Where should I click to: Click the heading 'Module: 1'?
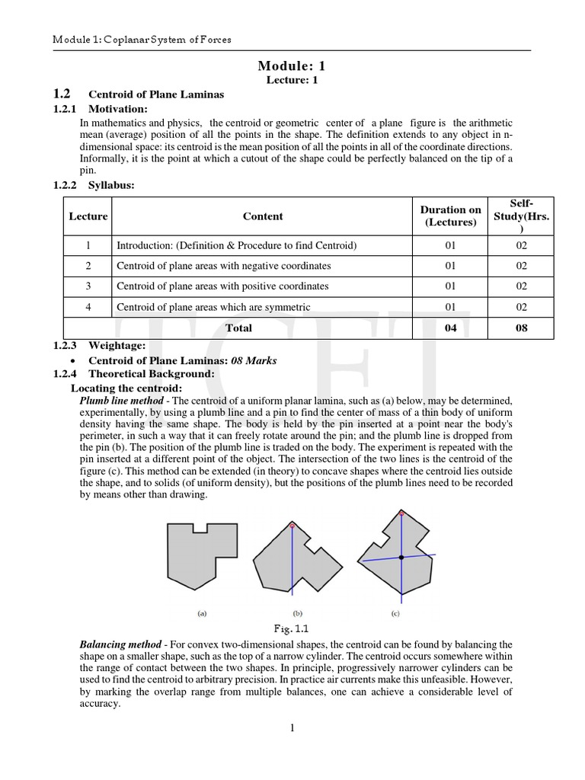click(x=292, y=66)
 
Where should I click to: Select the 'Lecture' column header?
click(x=88, y=216)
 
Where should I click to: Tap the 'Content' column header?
click(x=263, y=216)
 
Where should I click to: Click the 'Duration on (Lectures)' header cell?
click(x=451, y=216)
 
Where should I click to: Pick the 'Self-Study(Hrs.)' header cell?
click(x=522, y=216)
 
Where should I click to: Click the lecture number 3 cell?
click(x=88, y=286)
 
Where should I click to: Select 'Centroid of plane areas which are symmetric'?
click(x=213, y=307)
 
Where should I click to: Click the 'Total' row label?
click(x=238, y=328)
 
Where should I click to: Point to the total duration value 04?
click(x=451, y=328)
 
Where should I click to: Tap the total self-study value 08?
click(x=522, y=328)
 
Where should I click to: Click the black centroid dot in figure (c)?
click(x=401, y=558)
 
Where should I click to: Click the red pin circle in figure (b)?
click(x=292, y=526)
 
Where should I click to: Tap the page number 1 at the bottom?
click(x=292, y=728)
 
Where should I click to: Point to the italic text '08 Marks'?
click(x=254, y=360)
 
